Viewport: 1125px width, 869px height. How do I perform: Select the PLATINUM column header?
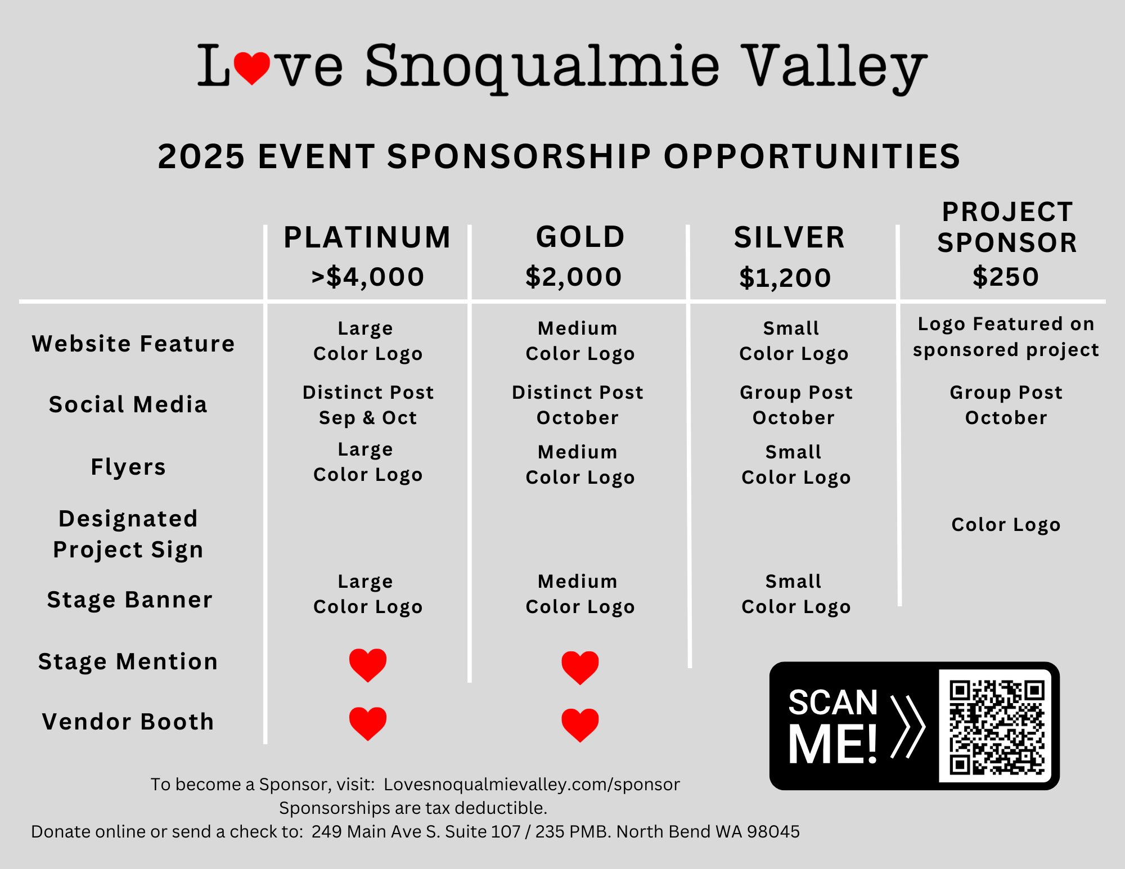[x=367, y=237]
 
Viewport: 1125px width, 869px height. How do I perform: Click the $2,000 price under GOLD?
[x=573, y=277]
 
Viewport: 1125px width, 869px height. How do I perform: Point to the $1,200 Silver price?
[x=785, y=277]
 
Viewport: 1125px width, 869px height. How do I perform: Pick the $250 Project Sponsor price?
[x=1006, y=277]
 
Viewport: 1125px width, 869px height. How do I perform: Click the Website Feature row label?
[x=133, y=344]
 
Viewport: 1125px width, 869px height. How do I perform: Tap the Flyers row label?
[x=128, y=467]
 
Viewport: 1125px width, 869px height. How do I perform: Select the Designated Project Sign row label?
[x=128, y=534]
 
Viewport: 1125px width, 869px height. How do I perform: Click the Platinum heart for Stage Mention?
[x=368, y=665]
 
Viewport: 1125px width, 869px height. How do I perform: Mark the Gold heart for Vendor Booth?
[x=580, y=725]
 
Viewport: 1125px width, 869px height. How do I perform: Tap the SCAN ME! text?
[x=833, y=726]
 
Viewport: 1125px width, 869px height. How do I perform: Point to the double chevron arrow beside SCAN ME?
[x=907, y=726]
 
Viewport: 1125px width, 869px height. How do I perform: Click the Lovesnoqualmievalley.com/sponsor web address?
[x=532, y=785]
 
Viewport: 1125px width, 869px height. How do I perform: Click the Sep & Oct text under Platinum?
[x=368, y=418]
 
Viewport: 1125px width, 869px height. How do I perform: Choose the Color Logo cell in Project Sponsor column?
[x=1006, y=525]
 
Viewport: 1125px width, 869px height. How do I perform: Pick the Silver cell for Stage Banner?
[x=796, y=594]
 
